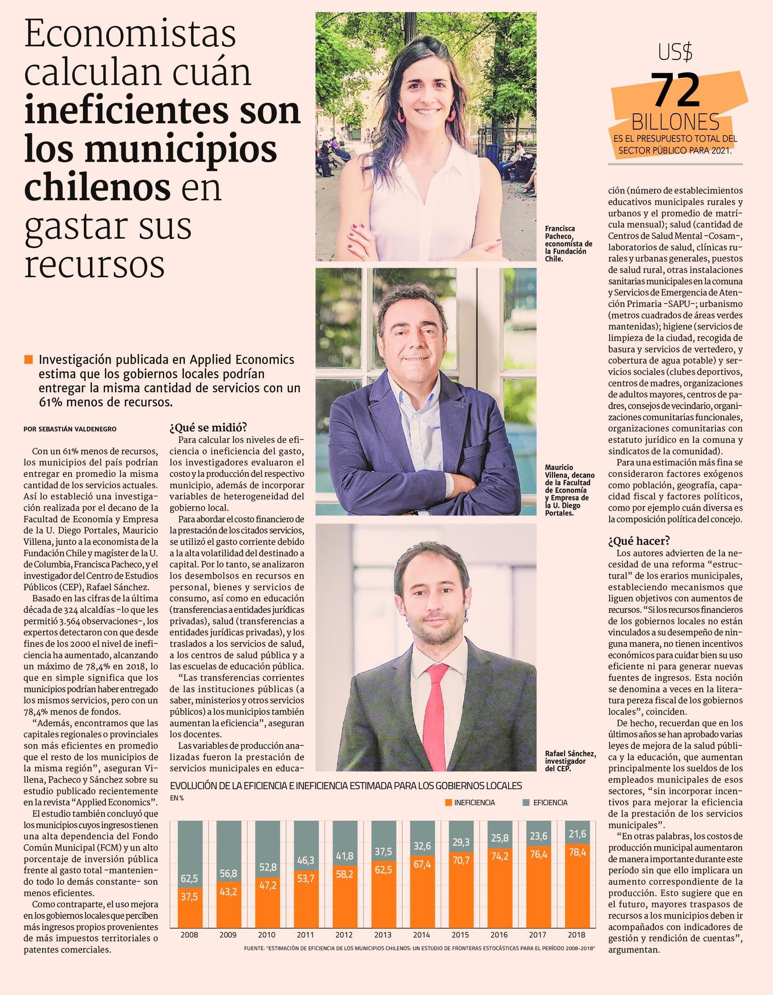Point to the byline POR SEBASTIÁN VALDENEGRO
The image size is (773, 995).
[70, 429]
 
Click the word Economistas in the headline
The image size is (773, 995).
[130, 35]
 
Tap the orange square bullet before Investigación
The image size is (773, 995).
[29, 360]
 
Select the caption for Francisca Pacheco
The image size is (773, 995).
[568, 243]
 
